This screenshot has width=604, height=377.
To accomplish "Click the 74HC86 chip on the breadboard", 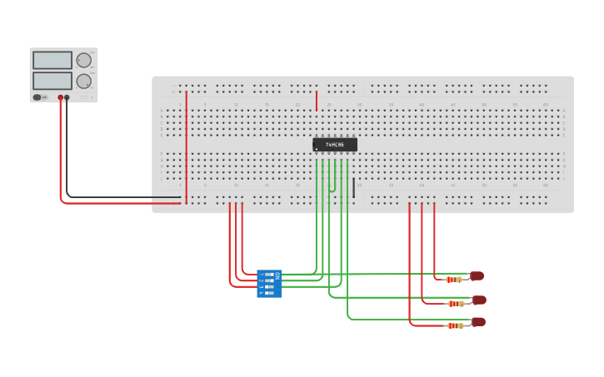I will [x=335, y=145].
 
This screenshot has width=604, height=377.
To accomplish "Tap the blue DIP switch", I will [x=269, y=284].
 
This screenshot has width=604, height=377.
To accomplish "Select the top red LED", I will [x=477, y=275].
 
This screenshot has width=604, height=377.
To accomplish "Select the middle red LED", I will [x=479, y=300].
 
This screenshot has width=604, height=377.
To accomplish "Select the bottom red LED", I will [x=478, y=321].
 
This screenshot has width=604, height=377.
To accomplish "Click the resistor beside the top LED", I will [x=453, y=280].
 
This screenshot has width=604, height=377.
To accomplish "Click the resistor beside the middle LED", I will [x=455, y=304].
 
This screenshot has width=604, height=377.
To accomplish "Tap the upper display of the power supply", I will [x=52, y=61].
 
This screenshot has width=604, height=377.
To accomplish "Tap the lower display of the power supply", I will [x=52, y=81].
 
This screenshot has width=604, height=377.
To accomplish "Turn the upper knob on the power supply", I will [x=84, y=60].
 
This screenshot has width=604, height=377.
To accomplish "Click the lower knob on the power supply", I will [x=84, y=82].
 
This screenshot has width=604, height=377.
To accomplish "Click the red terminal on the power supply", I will [x=60, y=97].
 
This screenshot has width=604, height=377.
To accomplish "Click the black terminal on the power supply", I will [x=67, y=97].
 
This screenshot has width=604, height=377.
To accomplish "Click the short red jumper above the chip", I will [x=317, y=101].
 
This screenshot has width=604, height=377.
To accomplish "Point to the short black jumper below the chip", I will [x=353, y=188].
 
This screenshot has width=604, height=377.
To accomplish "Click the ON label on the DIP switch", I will [x=277, y=275].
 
